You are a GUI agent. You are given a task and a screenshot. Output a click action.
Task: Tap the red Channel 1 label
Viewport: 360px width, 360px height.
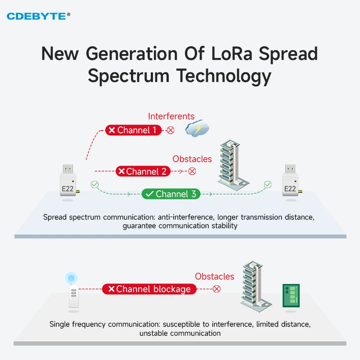134,130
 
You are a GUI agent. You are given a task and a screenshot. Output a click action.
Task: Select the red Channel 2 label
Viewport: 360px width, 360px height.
143,171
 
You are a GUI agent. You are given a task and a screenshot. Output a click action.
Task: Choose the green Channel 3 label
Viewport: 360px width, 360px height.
171,194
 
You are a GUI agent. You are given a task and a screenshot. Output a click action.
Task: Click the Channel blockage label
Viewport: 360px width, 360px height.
149,289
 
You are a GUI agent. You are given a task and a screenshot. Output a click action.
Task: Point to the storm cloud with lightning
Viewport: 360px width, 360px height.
198,129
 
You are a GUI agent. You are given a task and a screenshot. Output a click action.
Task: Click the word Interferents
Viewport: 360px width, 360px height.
171,116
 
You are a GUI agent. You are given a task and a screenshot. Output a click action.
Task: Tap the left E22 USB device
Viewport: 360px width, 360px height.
68,182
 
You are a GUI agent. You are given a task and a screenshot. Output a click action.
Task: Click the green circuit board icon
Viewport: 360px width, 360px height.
290,295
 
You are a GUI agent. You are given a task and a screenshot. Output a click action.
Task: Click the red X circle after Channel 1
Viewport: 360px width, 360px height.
171,130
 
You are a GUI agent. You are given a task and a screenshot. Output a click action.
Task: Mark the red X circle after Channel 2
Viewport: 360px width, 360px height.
192,171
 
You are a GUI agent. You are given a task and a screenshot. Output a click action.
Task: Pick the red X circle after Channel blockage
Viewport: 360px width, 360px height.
216,289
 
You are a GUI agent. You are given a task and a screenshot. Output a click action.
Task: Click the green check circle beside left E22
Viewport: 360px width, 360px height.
94,184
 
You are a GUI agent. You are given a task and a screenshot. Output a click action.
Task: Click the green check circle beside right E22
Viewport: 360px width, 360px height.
268,184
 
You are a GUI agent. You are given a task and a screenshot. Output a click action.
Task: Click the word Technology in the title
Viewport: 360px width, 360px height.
224,76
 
